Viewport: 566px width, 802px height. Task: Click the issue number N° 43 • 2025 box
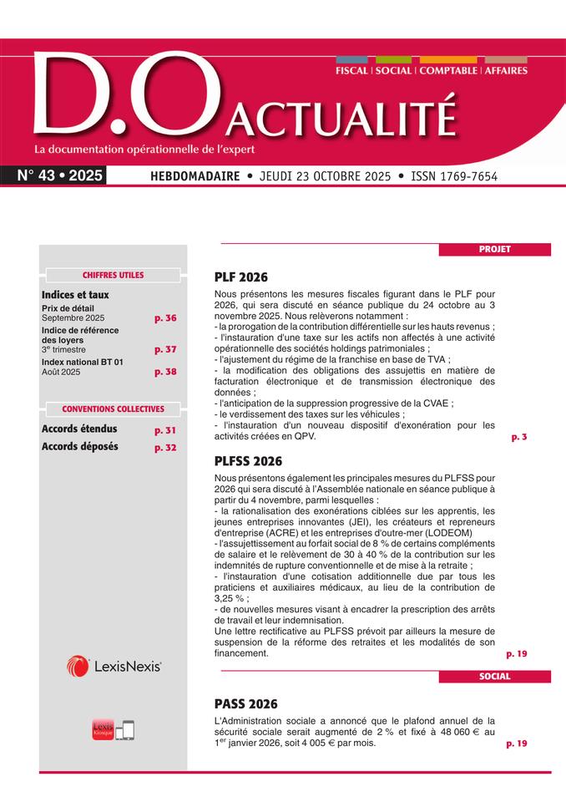tap(60, 176)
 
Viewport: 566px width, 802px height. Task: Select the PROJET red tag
tap(494, 249)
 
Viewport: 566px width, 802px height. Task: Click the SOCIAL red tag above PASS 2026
tap(494, 676)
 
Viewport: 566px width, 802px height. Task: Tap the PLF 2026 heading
tap(241, 277)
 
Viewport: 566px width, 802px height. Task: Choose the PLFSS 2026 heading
tap(248, 460)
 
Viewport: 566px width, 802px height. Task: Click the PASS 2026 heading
tap(245, 703)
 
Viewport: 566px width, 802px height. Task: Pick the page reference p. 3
tap(518, 437)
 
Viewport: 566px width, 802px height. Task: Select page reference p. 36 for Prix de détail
tap(165, 318)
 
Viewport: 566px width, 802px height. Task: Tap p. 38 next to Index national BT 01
tap(165, 372)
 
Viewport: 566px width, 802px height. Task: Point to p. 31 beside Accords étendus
tap(165, 430)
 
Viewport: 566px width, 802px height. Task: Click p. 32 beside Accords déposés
tap(165, 448)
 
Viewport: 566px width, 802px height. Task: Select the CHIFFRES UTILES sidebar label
tap(113, 275)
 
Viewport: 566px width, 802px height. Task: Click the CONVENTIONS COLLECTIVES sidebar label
tap(113, 409)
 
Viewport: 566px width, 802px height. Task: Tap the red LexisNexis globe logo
tap(78, 666)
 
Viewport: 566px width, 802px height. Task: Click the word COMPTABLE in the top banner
tap(447, 71)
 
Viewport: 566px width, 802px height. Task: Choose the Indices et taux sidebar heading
tap(75, 295)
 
